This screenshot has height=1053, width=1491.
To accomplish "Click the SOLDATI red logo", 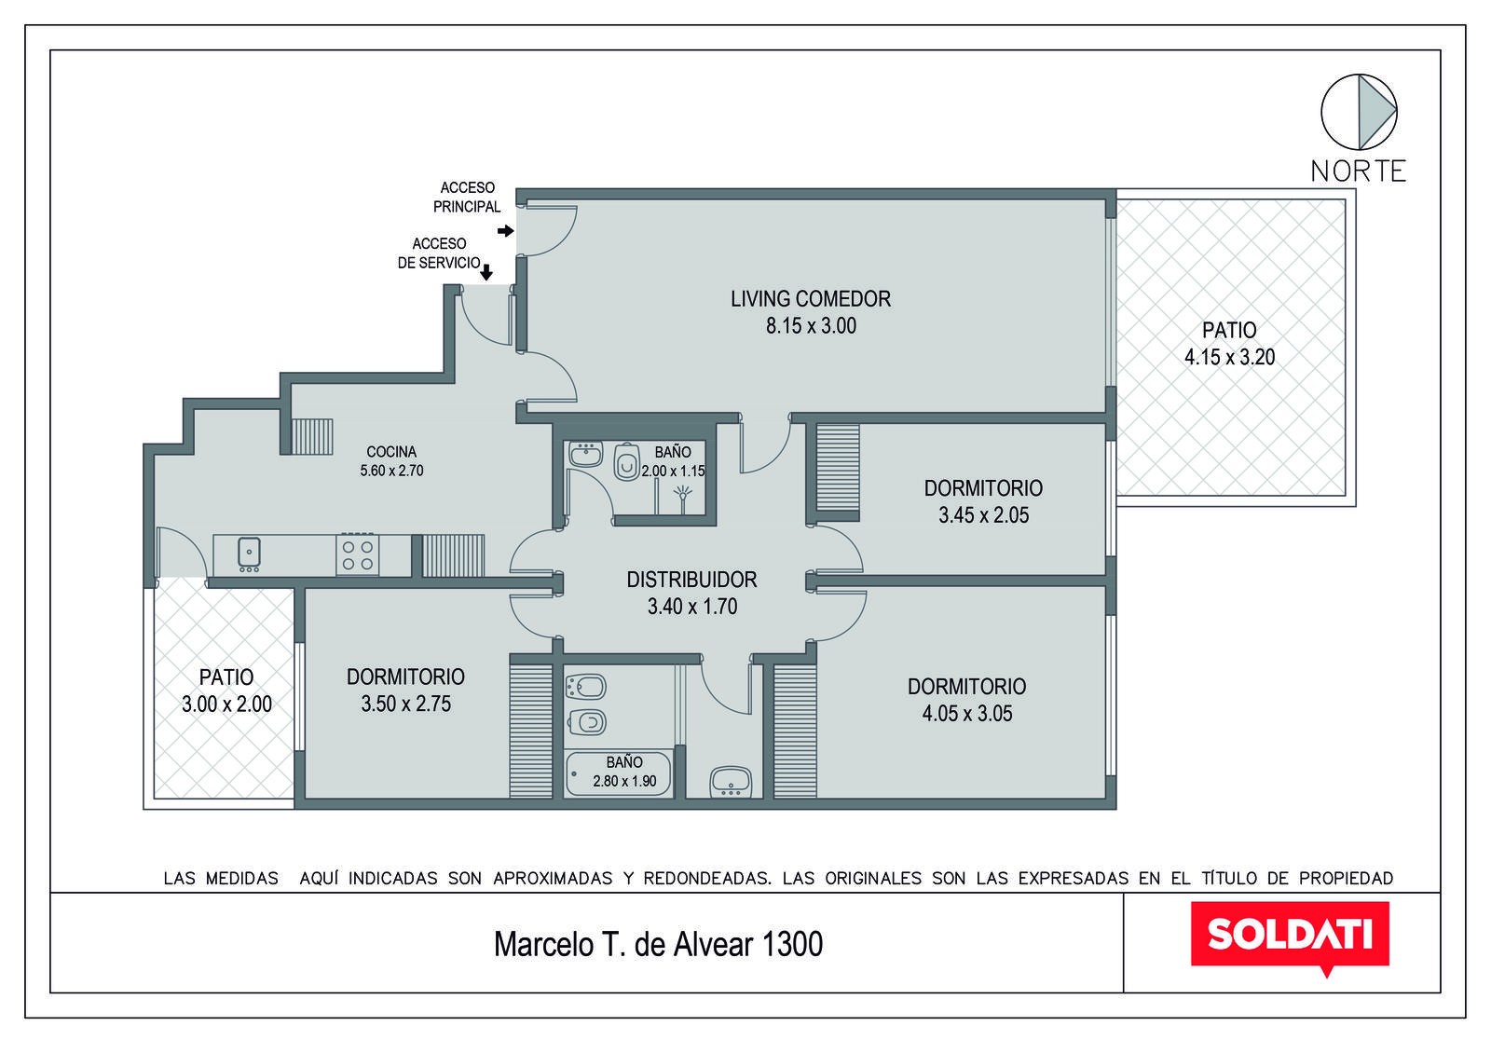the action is (1290, 937).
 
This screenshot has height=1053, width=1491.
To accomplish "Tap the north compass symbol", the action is (1359, 112).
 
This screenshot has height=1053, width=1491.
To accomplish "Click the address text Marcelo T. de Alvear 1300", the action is (658, 944).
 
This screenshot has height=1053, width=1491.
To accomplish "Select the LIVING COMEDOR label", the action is (811, 299).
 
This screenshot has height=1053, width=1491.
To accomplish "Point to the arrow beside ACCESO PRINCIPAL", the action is (505, 231).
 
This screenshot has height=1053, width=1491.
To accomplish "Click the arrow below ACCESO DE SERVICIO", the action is (486, 271).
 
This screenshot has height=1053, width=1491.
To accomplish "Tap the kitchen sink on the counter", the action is (249, 554).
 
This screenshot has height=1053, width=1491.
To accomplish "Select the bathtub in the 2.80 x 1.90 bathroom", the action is (618, 774).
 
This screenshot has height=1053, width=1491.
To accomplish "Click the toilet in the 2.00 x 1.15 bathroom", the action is (626, 462).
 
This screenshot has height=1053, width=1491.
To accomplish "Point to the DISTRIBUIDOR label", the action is (691, 580).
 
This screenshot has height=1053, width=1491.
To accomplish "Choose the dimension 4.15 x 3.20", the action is (1229, 358).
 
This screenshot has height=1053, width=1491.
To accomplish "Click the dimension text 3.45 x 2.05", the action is (984, 515).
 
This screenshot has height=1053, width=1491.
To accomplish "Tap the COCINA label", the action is (391, 452).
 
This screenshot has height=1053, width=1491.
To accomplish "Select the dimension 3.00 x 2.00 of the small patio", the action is (226, 704).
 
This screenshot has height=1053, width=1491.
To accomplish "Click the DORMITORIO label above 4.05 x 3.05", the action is (966, 686).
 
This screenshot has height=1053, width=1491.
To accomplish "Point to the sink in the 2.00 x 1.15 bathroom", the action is (586, 455).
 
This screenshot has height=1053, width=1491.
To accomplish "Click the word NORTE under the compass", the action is (1359, 171).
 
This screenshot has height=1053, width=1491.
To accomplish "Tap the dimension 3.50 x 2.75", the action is (405, 704).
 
